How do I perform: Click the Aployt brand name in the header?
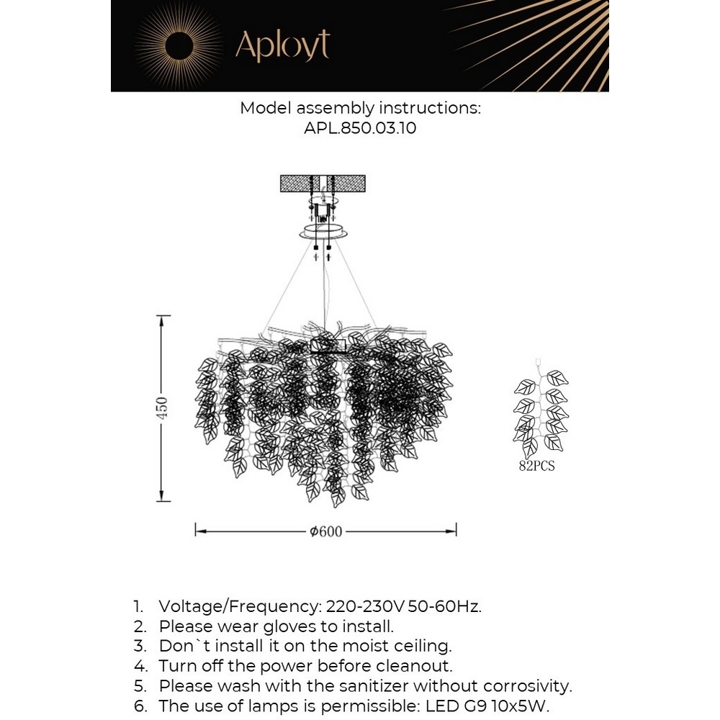tap(282, 46)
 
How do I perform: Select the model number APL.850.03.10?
tap(361, 130)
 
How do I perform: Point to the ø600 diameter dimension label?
tap(325, 532)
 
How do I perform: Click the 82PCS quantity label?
tap(537, 467)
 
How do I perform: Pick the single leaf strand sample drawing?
tap(541, 410)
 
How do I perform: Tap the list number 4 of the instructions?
tap(138, 666)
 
